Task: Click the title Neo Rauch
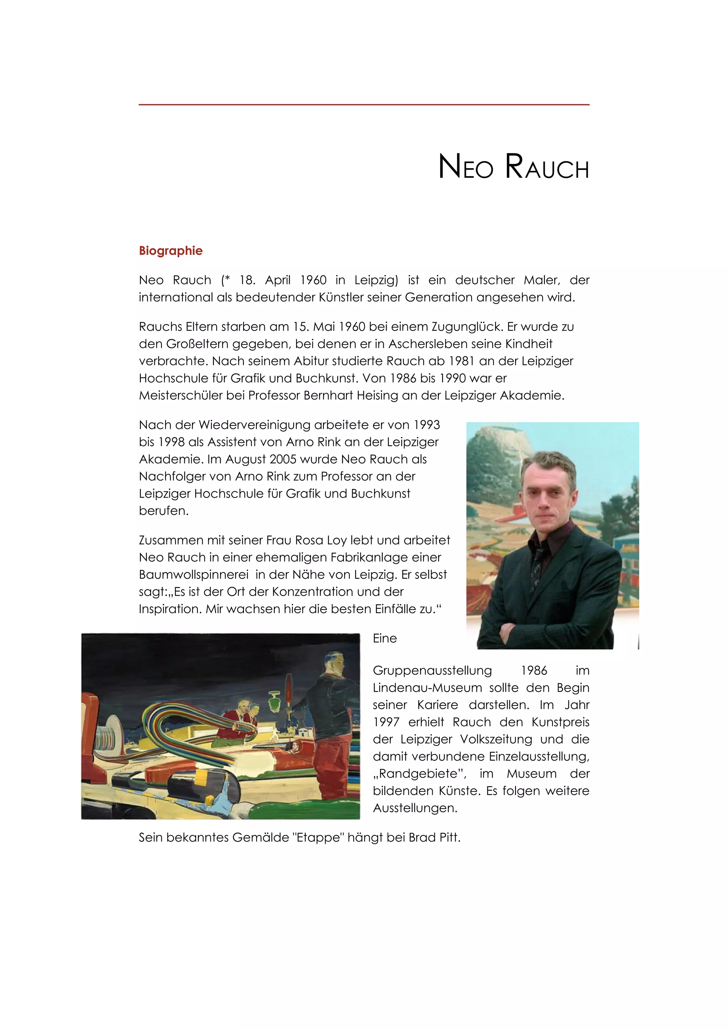click(x=513, y=167)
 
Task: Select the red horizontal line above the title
click(x=364, y=104)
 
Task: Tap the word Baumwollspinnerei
click(x=193, y=575)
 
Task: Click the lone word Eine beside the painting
click(x=384, y=638)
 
